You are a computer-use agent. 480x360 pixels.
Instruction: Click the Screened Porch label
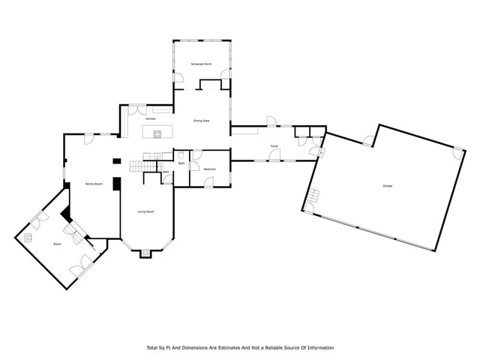201,64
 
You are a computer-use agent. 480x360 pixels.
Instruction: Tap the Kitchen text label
150,119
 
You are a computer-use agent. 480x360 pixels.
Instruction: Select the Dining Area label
201,120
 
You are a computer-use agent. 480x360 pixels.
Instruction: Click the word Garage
388,185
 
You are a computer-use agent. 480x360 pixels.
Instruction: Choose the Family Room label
93,184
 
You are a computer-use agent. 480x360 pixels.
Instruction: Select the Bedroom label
210,169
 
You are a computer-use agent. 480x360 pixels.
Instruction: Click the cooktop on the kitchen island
157,134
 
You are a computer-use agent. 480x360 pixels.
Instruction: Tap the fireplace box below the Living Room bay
145,253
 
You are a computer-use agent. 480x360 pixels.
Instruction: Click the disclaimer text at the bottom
239,347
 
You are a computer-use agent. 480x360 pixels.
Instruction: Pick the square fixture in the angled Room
29,237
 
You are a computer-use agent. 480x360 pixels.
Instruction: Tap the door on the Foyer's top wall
272,121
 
